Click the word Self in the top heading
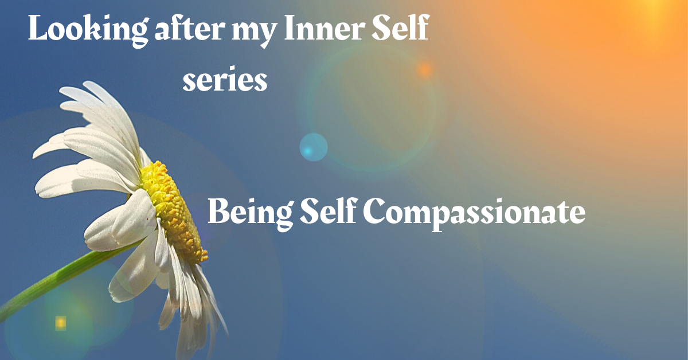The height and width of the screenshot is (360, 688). [401, 27]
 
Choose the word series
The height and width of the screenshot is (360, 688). [225, 79]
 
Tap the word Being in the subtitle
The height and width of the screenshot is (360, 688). [251, 214]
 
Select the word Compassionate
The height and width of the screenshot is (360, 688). [474, 214]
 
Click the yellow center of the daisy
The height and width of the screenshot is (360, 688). [174, 212]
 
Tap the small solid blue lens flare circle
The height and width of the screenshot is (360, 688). [314, 147]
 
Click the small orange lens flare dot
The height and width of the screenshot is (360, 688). [425, 69]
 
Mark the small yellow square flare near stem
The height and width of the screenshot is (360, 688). [61, 323]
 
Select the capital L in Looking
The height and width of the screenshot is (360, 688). [38, 28]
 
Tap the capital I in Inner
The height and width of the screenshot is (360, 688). [290, 28]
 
